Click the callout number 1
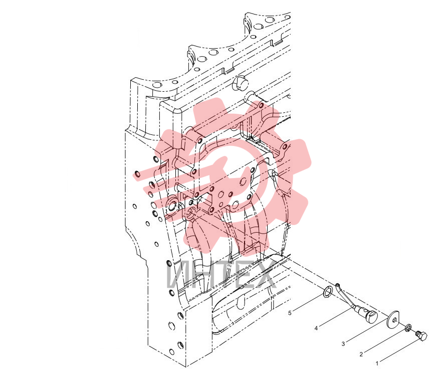377,363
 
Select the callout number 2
361,354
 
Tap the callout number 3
343,344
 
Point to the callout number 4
316,328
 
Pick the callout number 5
290,313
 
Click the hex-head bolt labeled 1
421,336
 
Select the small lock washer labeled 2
408,328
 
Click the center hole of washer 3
394,320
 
